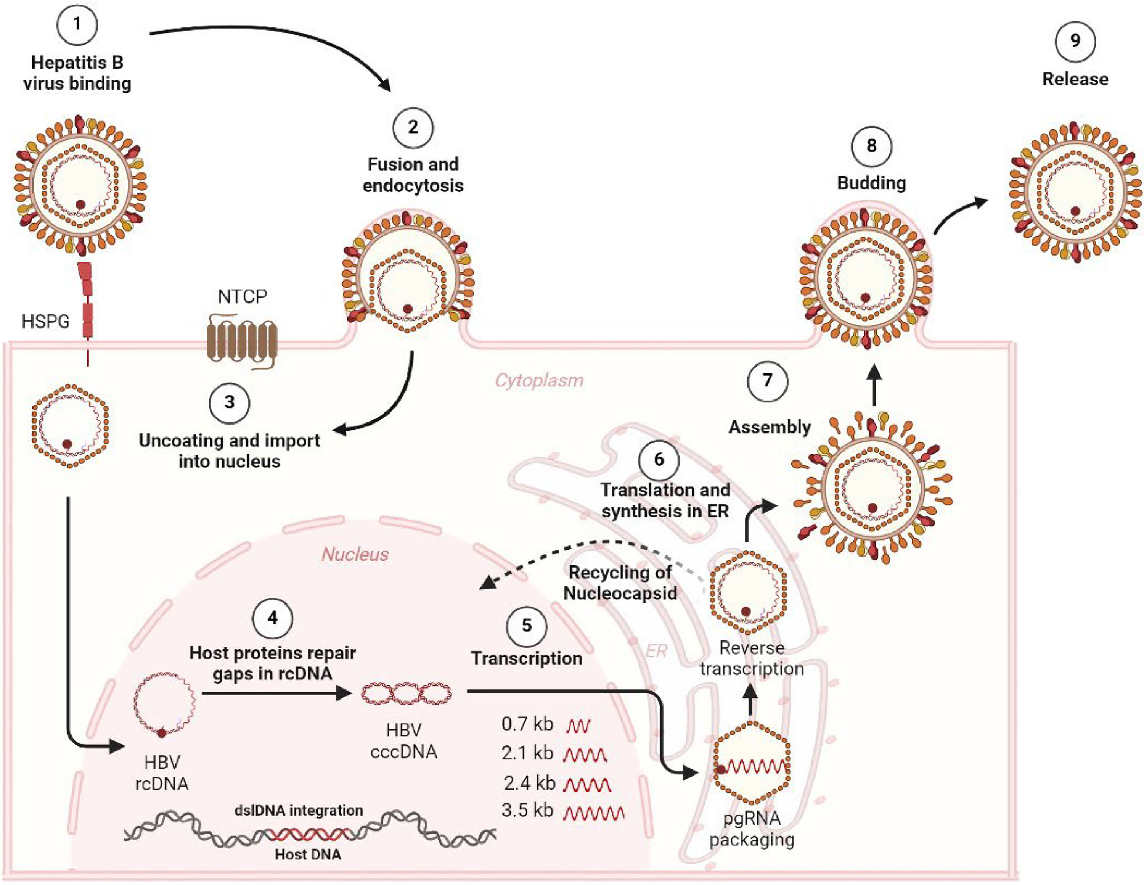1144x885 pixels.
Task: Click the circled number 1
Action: tap(77, 24)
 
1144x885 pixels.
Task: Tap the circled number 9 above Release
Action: tap(1075, 41)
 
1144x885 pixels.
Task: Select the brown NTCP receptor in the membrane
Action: tap(241, 341)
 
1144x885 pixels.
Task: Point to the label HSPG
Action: tap(46, 321)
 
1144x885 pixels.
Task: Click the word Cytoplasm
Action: tap(539, 380)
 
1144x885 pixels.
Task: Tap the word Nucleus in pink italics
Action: tap(355, 554)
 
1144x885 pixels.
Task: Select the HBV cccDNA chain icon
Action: tap(406, 694)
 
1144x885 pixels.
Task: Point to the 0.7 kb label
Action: tap(527, 724)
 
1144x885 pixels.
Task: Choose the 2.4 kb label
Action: tap(529, 783)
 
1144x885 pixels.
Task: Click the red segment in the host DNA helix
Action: tap(309, 833)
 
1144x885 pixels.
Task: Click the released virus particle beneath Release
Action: tap(1075, 192)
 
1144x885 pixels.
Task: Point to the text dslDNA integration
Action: tap(299, 811)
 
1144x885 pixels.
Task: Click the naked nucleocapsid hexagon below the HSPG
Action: tap(70, 425)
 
